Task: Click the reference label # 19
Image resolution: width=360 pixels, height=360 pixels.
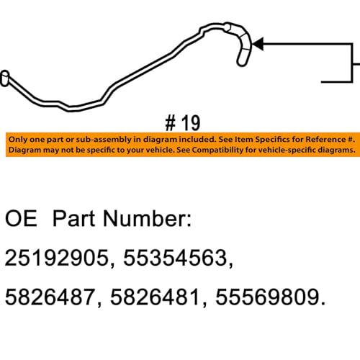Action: [179, 120]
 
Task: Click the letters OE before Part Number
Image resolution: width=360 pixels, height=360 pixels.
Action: [22, 219]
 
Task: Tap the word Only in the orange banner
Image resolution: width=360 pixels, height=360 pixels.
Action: [18, 138]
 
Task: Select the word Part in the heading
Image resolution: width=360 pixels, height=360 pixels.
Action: [79, 219]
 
